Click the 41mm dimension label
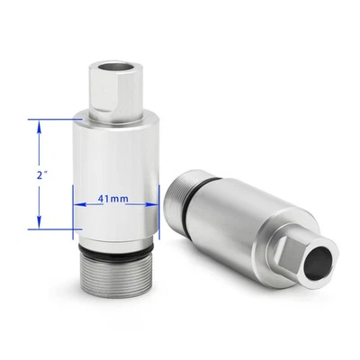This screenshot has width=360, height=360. pyautogui.click(x=113, y=199)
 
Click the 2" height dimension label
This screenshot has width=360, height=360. pyautogui.click(x=40, y=175)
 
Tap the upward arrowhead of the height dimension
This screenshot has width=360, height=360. pyautogui.click(x=39, y=127)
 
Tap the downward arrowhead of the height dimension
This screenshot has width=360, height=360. pyautogui.click(x=39, y=222)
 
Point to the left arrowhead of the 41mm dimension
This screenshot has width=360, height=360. pyautogui.click(x=80, y=204)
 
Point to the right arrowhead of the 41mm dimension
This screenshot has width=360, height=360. pyautogui.click(x=152, y=204)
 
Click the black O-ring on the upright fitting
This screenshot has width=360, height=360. pyautogui.click(x=116, y=251)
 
